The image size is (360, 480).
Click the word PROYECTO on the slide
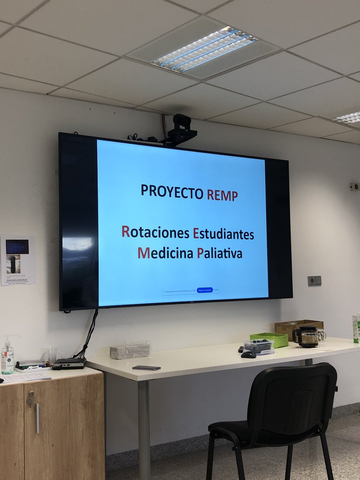click(x=172, y=192)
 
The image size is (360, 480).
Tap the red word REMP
click(x=222, y=195)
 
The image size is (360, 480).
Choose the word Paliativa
click(x=220, y=253)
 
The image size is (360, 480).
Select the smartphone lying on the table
click(x=146, y=368)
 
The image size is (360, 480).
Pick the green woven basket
click(x=269, y=340)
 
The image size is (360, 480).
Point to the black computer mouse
click(x=248, y=354)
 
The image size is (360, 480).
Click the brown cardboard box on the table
click(x=298, y=326)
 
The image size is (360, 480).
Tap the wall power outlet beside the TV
click(x=314, y=281)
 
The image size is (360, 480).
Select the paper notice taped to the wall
click(x=18, y=260)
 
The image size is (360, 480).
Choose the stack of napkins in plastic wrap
click(x=130, y=350)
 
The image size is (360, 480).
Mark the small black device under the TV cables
click(x=69, y=363)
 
